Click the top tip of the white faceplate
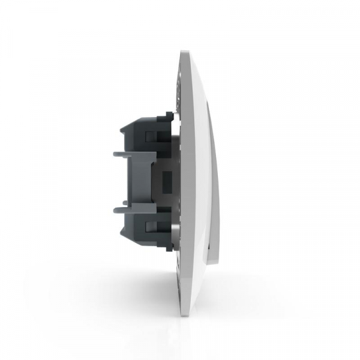183,53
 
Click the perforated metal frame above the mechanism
178,96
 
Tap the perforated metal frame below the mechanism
178,264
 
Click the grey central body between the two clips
141,180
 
